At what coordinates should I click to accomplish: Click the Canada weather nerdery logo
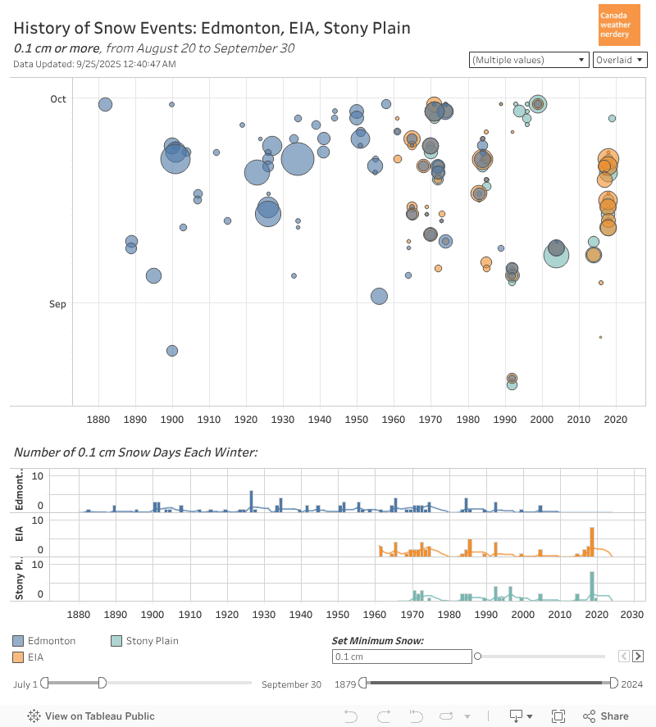coord(620,25)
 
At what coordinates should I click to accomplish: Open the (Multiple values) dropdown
coord(529,60)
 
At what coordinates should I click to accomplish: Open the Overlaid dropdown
coord(619,60)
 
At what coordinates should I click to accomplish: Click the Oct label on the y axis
coord(57,99)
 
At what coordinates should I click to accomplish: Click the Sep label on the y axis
coord(57,304)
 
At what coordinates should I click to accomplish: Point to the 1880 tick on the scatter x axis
coord(98,420)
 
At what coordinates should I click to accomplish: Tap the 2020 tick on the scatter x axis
coord(615,420)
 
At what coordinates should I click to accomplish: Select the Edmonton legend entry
coord(52,641)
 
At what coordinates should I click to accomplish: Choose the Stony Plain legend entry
coord(152,641)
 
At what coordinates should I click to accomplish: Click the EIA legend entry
coord(35,657)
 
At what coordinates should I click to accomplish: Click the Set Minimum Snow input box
coord(402,657)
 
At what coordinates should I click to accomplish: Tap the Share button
coord(606,716)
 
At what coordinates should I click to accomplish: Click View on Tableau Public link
coord(92,716)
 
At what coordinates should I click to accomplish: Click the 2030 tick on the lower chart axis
coord(632,615)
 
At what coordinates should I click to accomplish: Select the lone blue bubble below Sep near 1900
coord(172,351)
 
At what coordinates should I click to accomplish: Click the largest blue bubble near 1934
coord(298,159)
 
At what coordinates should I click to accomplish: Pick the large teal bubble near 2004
coord(557,254)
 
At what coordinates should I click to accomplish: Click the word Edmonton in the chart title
coord(238,29)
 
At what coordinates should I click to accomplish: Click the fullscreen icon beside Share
coord(558,716)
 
